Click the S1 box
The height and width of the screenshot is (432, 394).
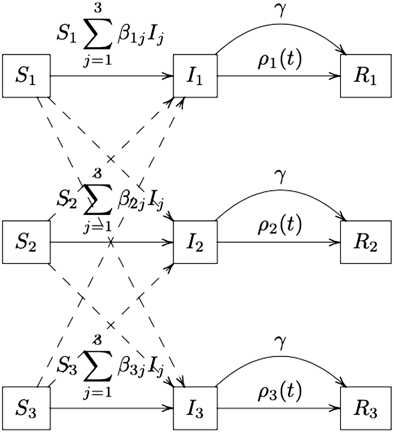(x=26, y=76)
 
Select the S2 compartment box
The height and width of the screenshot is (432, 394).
(x=26, y=242)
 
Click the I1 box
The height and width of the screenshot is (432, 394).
(x=195, y=76)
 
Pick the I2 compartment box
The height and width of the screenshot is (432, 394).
(x=195, y=242)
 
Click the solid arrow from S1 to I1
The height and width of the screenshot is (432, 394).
(x=111, y=76)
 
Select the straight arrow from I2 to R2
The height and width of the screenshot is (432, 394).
(x=278, y=243)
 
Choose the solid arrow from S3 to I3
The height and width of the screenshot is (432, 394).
(x=111, y=408)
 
